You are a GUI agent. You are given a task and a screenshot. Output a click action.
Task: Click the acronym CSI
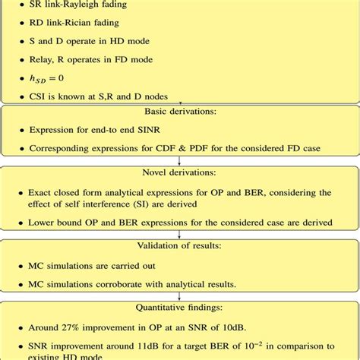pos(39,96)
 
